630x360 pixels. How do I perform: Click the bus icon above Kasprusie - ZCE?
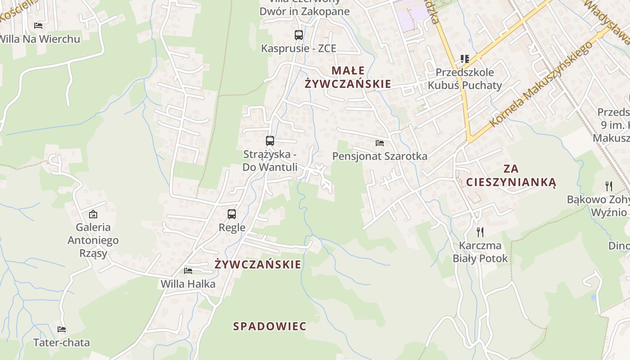(x=298, y=35)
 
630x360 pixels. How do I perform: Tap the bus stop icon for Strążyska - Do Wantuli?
(x=270, y=140)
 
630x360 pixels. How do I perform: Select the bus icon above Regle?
(x=232, y=214)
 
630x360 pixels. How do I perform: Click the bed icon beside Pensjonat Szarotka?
(x=380, y=143)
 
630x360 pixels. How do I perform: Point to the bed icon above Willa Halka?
(x=188, y=270)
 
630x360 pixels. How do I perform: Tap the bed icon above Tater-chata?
(x=62, y=329)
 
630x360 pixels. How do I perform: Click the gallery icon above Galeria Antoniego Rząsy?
(x=93, y=214)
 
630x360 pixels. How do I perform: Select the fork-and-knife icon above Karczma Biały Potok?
(x=480, y=232)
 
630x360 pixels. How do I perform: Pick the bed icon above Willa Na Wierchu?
(x=38, y=25)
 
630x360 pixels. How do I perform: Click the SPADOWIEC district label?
(x=270, y=326)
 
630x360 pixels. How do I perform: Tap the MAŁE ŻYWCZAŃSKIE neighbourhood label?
(x=348, y=77)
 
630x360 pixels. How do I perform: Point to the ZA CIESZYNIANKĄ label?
(x=511, y=175)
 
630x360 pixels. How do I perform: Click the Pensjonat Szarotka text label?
(x=380, y=156)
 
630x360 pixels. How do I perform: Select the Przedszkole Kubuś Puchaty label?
(x=465, y=79)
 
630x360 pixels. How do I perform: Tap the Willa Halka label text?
(x=188, y=284)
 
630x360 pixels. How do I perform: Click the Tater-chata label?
(x=62, y=342)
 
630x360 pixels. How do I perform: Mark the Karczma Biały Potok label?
(x=480, y=252)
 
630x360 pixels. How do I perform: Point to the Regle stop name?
(x=232, y=227)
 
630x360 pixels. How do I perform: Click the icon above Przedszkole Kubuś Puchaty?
(x=465, y=58)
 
